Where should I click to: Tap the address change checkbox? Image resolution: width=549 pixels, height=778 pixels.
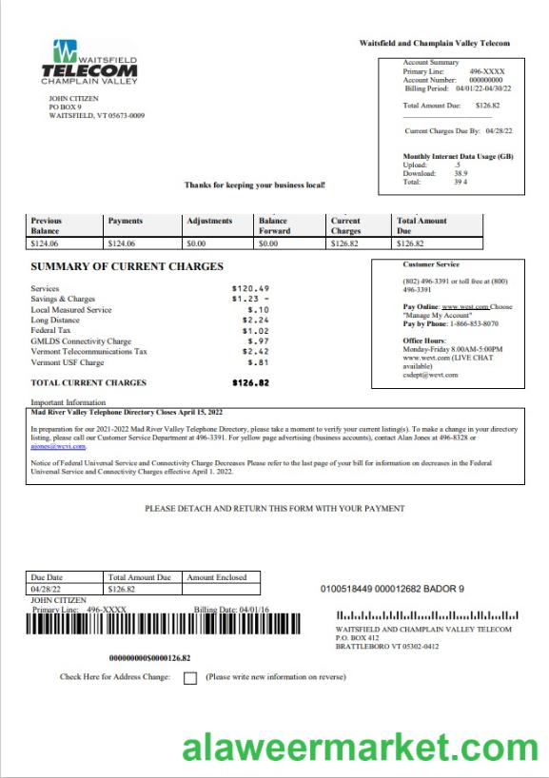click(x=189, y=678)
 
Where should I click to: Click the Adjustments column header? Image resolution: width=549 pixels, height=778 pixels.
click(x=209, y=221)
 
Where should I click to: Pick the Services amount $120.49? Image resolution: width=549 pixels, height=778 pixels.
click(x=251, y=288)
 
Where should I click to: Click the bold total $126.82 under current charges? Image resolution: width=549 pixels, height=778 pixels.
click(x=251, y=383)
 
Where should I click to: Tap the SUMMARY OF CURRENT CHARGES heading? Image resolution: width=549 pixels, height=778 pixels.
click(x=127, y=267)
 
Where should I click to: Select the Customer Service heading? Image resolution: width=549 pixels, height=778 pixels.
click(x=431, y=264)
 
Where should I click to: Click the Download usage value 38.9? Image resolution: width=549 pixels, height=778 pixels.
click(x=461, y=173)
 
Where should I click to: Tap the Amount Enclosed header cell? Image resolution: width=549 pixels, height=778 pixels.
click(x=216, y=577)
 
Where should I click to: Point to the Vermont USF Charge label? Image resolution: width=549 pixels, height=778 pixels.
click(x=68, y=362)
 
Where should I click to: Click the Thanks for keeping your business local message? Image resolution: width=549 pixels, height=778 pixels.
click(x=255, y=185)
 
